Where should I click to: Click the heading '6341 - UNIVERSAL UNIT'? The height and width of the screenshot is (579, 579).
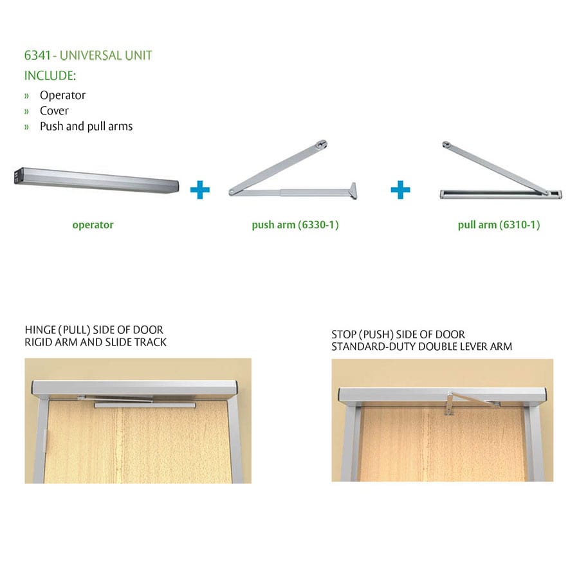[x=88, y=55]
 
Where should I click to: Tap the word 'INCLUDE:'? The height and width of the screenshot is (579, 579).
[x=50, y=76]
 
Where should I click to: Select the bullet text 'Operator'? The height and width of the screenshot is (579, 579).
[x=63, y=95]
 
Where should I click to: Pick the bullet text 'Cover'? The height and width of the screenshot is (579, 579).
[x=54, y=111]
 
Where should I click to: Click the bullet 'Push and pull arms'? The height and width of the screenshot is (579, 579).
[x=86, y=126]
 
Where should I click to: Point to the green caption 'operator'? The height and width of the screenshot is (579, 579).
[x=93, y=225]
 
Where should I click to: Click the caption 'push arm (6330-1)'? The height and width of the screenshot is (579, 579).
[x=295, y=225]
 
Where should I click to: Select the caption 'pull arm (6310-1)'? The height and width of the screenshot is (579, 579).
[x=499, y=225]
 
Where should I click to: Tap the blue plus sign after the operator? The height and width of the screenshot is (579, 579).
[x=200, y=190]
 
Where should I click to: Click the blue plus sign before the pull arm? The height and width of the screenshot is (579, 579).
[x=400, y=190]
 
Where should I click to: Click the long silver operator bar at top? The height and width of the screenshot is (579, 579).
[x=96, y=181]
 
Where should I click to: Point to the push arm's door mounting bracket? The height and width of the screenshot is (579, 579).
[x=353, y=191]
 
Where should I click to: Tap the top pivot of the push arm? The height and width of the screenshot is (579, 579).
[x=322, y=144]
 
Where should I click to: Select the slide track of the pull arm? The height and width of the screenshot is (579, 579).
[x=501, y=194]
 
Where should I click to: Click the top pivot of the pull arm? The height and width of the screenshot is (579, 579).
[x=446, y=144]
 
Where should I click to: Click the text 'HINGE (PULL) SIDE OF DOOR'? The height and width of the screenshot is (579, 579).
[x=94, y=330]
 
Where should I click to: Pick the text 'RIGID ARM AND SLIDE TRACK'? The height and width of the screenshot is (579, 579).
[x=95, y=342]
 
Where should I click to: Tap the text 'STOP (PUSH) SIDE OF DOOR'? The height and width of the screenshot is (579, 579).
[x=398, y=335]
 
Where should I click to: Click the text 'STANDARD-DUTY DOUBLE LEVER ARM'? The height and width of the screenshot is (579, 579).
[x=421, y=347]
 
